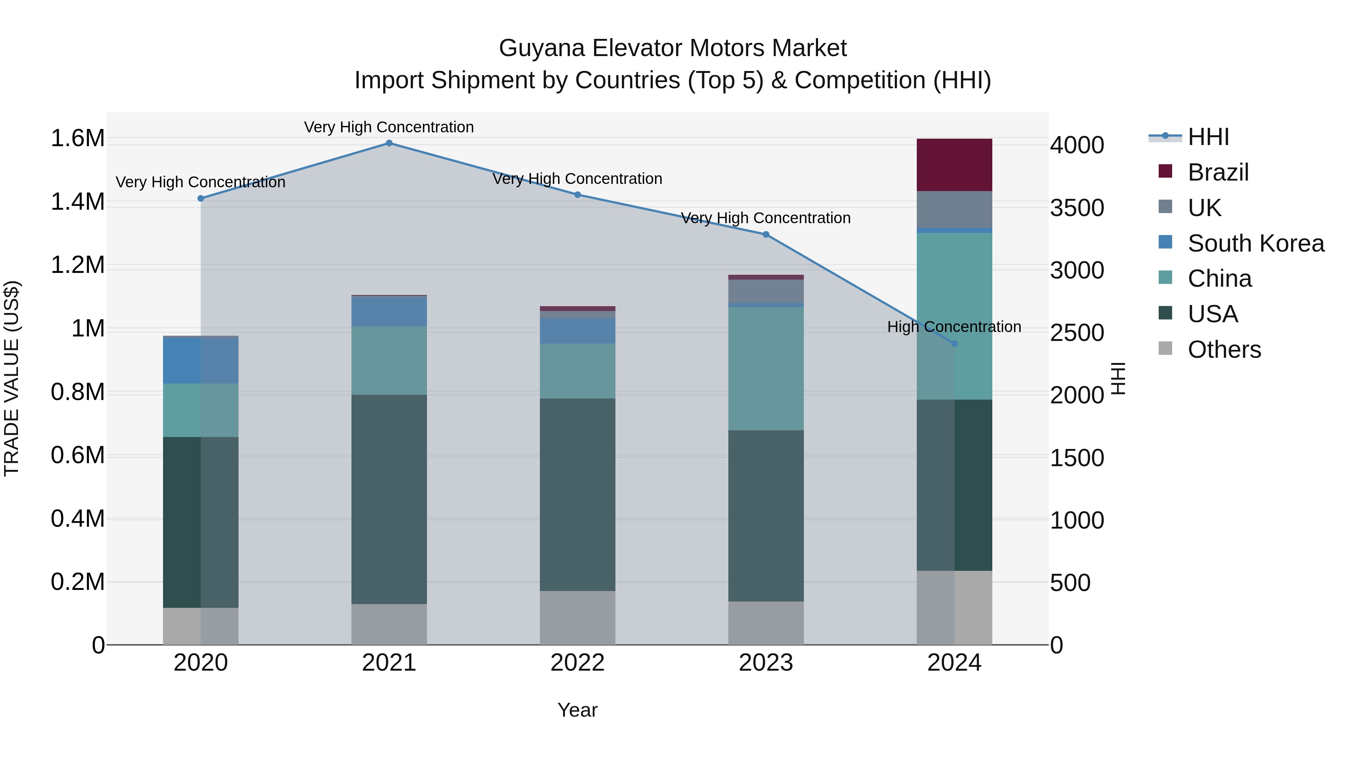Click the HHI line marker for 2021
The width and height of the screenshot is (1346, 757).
tap(389, 143)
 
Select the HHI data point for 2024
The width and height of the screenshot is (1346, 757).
tap(954, 344)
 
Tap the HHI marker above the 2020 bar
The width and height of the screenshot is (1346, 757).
tap(201, 199)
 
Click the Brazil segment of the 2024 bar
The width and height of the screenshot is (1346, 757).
tap(954, 165)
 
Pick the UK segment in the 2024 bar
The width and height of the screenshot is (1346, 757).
tap(954, 209)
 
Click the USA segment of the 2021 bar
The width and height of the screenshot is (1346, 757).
tap(389, 499)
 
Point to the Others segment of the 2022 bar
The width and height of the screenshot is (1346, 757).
tap(577, 618)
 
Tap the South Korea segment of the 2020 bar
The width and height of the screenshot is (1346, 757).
tap(201, 360)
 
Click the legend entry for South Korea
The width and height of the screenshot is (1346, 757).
tap(1255, 243)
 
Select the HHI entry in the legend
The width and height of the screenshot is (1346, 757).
tap(1208, 137)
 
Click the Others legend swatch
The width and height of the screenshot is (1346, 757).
tap(1165, 348)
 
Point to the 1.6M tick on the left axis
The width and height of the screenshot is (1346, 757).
tap(77, 138)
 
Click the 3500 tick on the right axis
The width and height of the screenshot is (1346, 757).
tap(1078, 208)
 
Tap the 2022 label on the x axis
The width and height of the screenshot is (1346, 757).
tap(577, 663)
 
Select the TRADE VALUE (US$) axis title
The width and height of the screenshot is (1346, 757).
tap(12, 378)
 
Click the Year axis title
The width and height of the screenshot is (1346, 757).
tap(577, 710)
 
